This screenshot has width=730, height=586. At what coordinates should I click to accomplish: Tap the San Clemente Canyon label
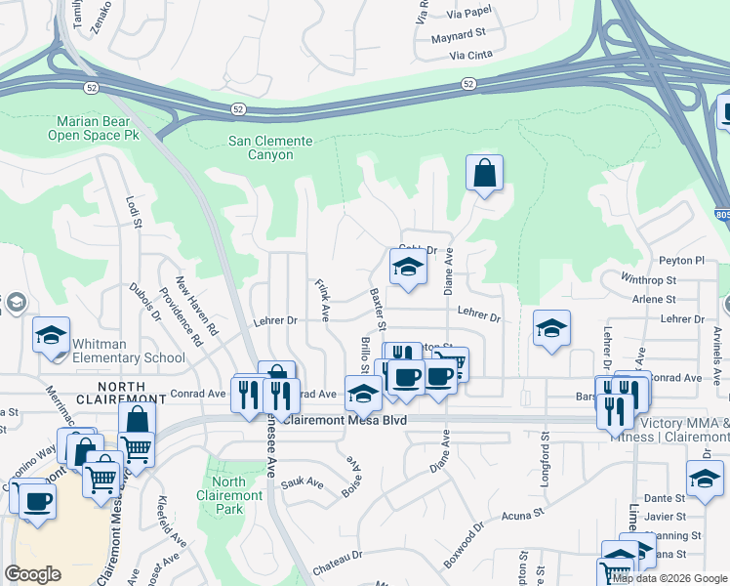click(x=270, y=147)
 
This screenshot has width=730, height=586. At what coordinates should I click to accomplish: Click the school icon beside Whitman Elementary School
click(x=51, y=337)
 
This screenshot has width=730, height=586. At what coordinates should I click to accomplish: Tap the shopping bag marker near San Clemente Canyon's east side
click(x=484, y=175)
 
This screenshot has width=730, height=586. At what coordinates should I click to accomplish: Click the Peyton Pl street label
click(x=681, y=261)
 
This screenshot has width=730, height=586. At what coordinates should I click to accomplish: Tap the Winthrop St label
click(x=648, y=279)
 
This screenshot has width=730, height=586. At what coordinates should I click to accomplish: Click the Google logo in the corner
click(x=32, y=573)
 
